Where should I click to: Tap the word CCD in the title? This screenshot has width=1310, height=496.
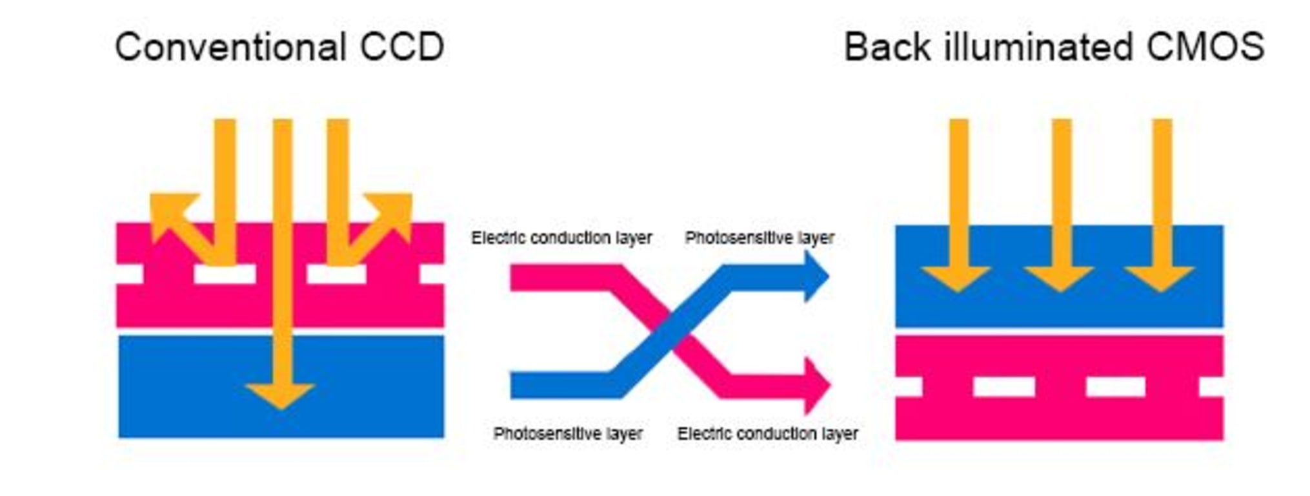click(402, 47)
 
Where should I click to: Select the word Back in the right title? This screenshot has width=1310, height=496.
click(887, 47)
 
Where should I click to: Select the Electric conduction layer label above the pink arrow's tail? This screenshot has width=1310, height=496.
click(561, 238)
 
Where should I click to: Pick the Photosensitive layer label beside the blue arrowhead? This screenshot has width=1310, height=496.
click(760, 238)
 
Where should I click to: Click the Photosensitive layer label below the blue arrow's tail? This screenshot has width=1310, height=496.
click(568, 433)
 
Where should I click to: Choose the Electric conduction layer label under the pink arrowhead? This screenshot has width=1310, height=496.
click(767, 433)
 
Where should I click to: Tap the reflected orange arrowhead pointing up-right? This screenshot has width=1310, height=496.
click(395, 211)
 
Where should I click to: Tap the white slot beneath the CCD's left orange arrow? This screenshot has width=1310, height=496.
click(225, 274)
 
